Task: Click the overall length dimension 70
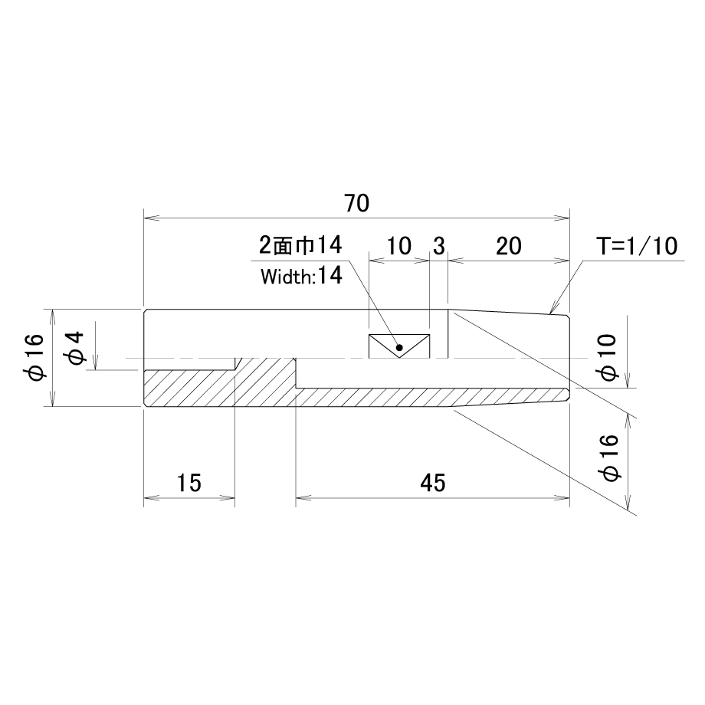[x=357, y=203]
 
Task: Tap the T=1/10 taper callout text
[x=637, y=246]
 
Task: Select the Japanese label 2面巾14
[x=300, y=245]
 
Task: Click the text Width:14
[x=301, y=275]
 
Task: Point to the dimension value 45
[x=433, y=483]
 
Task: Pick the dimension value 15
[x=189, y=483]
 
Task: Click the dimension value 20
[x=509, y=247]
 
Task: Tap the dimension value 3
[x=439, y=247]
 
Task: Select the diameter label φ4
[x=75, y=347]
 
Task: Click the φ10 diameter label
[x=608, y=357]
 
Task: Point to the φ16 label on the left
[x=35, y=357]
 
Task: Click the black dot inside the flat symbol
[x=398, y=348]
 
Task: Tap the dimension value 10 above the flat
[x=398, y=247]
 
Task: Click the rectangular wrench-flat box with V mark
[x=399, y=346]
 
